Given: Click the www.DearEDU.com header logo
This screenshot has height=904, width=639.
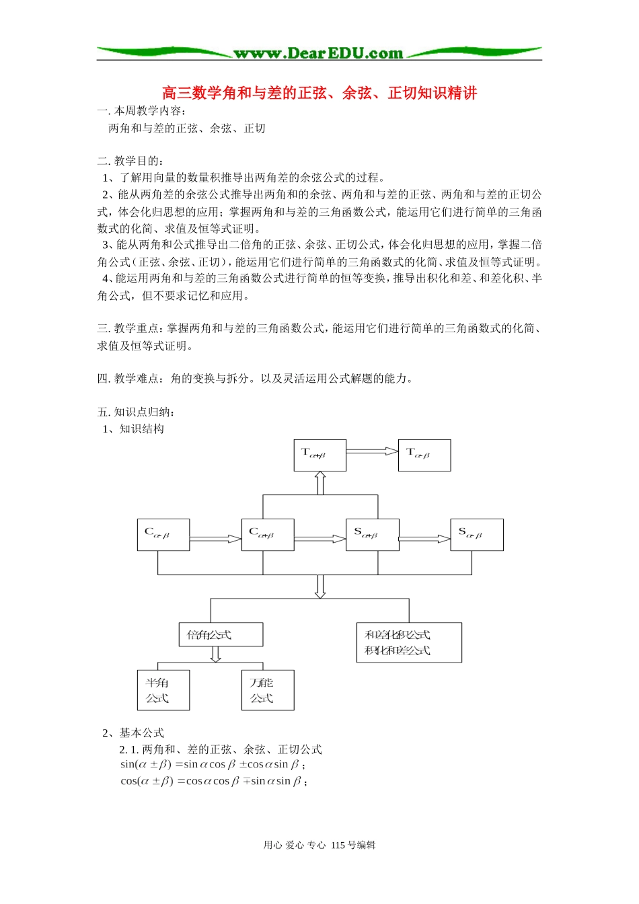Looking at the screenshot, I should tap(319, 53).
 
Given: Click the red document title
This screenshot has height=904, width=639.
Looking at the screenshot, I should tap(319, 93).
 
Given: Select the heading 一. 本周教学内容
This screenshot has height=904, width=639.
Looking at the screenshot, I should tap(142, 111).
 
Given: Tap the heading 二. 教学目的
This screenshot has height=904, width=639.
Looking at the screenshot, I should tap(130, 161).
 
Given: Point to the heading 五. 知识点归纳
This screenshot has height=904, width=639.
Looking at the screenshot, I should tap(136, 412).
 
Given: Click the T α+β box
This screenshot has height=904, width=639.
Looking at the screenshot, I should tap(320, 455).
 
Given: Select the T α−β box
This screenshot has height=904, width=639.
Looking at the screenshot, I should tap(424, 455).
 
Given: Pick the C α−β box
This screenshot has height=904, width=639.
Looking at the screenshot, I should tap(163, 535).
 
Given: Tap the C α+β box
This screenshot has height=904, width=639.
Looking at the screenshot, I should tap(268, 535).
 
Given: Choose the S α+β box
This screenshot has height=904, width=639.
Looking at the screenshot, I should tap(372, 535).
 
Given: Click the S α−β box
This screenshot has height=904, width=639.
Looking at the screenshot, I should tap(477, 535).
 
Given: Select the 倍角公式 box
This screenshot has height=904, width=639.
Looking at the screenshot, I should tap(221, 634).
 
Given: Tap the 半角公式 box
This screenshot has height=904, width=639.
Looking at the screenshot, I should tap(163, 690).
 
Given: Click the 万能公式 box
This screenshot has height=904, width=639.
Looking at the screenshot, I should tap(268, 690).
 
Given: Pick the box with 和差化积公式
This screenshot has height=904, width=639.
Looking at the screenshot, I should tap(409, 642).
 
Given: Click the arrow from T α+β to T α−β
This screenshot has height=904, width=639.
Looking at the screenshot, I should tap(372, 452).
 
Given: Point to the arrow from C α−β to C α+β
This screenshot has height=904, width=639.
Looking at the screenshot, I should tap(215, 539).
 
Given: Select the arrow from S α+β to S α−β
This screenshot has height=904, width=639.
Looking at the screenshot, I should tap(424, 539).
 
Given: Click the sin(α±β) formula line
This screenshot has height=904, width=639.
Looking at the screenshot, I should tap(213, 765).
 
